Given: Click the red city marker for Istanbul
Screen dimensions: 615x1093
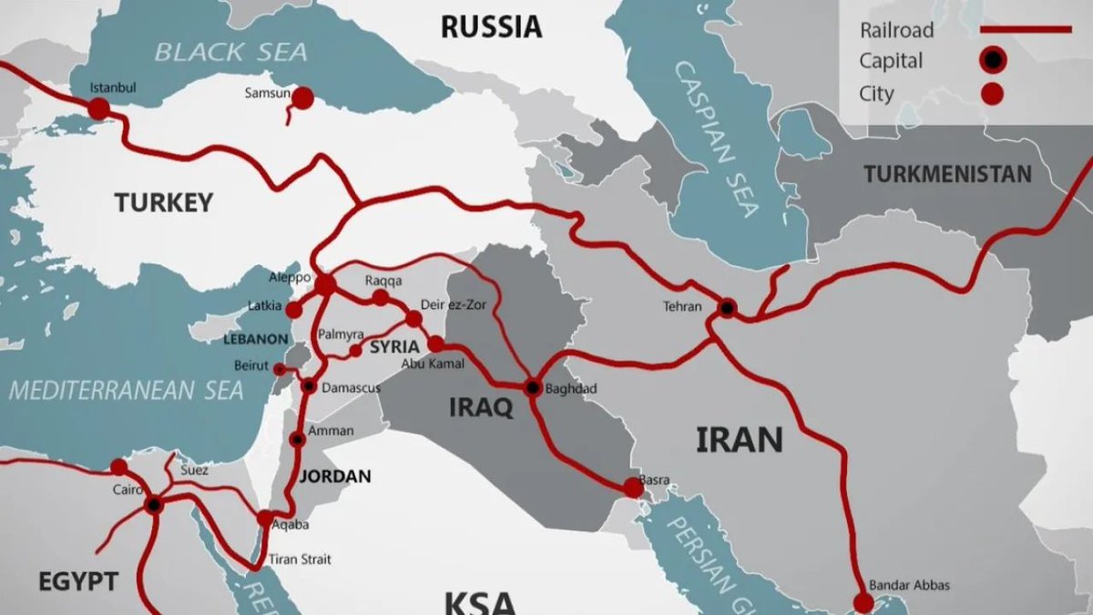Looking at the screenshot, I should pyautogui.click(x=98, y=109).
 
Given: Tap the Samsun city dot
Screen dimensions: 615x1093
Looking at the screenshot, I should pyautogui.click(x=302, y=97).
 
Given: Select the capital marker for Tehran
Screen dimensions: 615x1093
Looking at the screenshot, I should pyautogui.click(x=726, y=308).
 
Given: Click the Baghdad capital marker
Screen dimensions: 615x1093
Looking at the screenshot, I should pyautogui.click(x=534, y=388).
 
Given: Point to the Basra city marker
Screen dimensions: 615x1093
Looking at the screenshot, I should pyautogui.click(x=633, y=488).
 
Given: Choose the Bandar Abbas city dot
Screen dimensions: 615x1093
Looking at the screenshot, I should pyautogui.click(x=863, y=602).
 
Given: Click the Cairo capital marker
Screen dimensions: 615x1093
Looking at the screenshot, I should pyautogui.click(x=153, y=504).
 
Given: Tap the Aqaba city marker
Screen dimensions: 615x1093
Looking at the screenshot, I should pyautogui.click(x=264, y=518).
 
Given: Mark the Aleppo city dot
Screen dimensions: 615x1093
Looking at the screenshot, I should pyautogui.click(x=325, y=285).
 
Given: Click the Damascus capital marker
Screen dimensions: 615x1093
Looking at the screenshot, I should pyautogui.click(x=310, y=385).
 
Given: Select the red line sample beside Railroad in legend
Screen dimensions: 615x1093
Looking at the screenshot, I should pyautogui.click(x=1026, y=30).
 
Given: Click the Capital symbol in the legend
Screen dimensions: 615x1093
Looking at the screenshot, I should pyautogui.click(x=992, y=62).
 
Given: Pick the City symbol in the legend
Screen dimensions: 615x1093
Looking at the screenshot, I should pyautogui.click(x=992, y=93).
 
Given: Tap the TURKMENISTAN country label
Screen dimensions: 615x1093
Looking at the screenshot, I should pyautogui.click(x=947, y=174).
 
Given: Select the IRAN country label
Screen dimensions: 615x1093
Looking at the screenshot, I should pyautogui.click(x=740, y=440).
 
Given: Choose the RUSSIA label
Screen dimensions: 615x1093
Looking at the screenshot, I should pyautogui.click(x=491, y=27).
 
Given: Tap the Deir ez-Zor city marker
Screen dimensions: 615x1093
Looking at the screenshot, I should pyautogui.click(x=414, y=319).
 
